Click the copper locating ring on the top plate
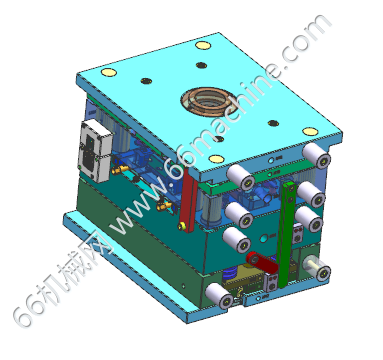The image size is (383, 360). point(206,100)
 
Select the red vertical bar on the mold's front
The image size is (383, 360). point(188,201)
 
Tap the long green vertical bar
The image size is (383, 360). point(286,233)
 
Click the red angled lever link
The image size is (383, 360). point(262,262)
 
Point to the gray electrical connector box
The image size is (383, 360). point(94,151)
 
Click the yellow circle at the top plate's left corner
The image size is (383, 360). point(109,72)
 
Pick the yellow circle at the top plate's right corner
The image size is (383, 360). point(310,131)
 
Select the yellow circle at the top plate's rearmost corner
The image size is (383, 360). point(203,45)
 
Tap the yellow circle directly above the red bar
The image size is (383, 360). point(217,159)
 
